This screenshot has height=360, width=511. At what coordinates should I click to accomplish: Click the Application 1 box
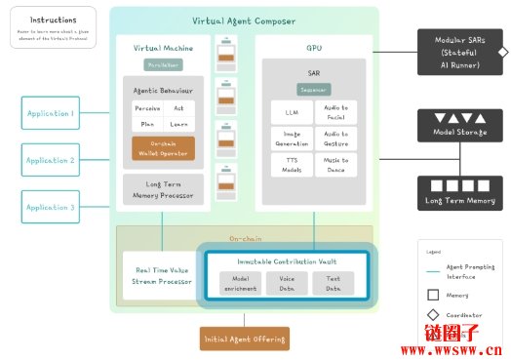50,113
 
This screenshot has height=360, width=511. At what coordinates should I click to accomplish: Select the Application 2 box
50,160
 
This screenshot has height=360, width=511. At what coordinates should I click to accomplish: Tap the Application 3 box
50,207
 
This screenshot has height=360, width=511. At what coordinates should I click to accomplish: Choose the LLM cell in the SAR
292,111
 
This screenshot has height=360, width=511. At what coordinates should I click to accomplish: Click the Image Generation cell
292,138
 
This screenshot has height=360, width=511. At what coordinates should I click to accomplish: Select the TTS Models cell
292,164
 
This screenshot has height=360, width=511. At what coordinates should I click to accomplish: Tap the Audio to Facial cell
336,111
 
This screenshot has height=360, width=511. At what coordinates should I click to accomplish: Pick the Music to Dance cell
336,164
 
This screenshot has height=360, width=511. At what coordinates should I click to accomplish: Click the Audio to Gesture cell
336,138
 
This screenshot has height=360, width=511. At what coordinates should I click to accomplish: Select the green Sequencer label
314,89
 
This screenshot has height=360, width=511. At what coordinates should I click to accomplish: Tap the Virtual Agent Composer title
243,20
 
